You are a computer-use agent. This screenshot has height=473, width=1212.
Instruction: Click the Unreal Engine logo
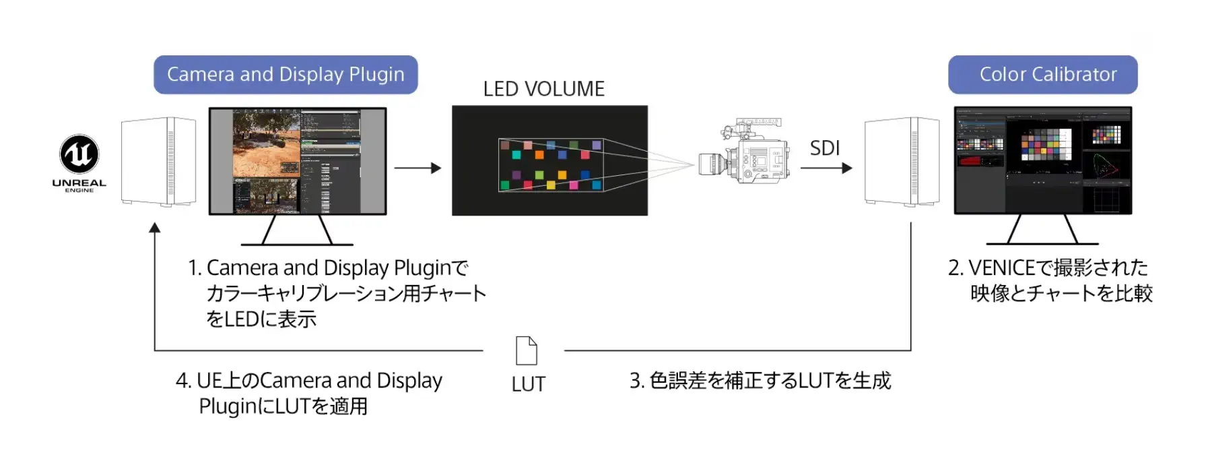(x=79, y=154)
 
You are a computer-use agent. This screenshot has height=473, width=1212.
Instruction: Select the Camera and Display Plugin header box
(x=285, y=75)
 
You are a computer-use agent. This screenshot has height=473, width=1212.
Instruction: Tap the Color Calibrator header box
(x=1042, y=75)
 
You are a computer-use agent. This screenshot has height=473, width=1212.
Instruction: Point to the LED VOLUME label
(x=543, y=89)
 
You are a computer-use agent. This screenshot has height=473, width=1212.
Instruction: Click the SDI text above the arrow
(x=825, y=148)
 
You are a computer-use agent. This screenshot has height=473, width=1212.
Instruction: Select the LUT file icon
(x=527, y=350)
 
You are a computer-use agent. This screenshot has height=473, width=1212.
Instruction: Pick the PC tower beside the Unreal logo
(x=158, y=161)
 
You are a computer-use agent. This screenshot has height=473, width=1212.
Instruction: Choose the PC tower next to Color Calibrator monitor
(x=902, y=161)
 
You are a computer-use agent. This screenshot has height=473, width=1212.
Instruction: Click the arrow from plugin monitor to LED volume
(x=417, y=168)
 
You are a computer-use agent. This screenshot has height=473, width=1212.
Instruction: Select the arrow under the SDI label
(x=826, y=168)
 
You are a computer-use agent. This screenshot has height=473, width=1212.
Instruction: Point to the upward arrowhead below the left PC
(x=155, y=228)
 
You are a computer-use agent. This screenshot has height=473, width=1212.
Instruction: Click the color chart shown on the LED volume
(x=551, y=165)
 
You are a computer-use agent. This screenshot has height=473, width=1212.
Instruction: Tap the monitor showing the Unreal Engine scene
(x=298, y=161)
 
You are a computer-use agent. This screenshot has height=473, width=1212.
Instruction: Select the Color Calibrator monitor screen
(x=1043, y=160)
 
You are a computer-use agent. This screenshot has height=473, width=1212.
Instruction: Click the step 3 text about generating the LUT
(x=760, y=381)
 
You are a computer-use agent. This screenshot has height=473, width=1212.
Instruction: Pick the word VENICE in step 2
(x=1002, y=268)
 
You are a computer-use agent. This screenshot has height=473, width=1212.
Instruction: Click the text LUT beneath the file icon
(x=529, y=385)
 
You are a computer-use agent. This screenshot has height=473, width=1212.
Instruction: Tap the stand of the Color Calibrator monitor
(x=1042, y=230)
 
